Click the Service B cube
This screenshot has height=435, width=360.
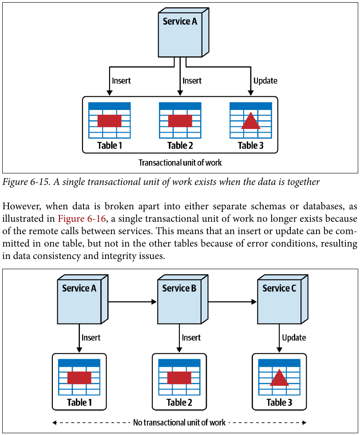tap(182, 299)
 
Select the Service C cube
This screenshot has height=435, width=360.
tap(282, 299)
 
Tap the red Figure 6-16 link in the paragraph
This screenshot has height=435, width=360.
tap(82, 219)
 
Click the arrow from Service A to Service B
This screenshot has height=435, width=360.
tap(132, 302)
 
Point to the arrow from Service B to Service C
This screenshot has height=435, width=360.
tap(233, 302)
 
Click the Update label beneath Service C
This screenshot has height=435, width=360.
tap(294, 337)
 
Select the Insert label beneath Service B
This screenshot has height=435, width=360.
tap(191, 337)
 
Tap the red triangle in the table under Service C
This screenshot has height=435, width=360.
tap(279, 377)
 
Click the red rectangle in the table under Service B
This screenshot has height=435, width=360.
tap(179, 378)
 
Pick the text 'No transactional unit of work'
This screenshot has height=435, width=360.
tap(179, 423)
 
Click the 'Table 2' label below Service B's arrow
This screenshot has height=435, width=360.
tap(179, 403)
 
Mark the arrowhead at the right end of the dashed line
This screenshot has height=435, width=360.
tap(305, 423)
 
